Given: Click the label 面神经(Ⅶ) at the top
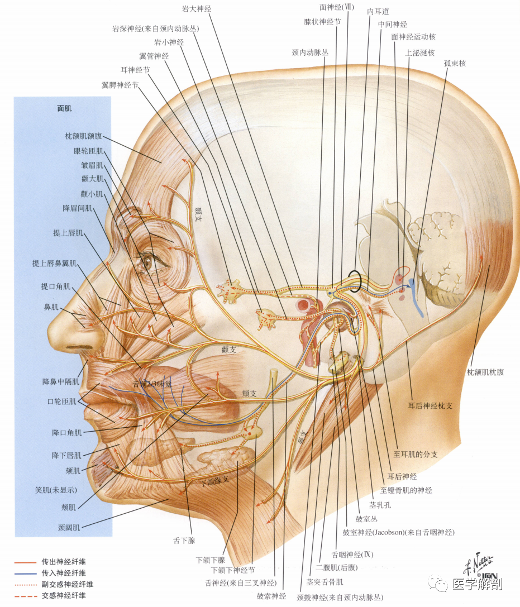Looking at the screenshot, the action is click(x=336, y=7).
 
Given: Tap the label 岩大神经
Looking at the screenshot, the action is click(x=197, y=8).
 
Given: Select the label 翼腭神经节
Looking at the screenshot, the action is click(x=120, y=85).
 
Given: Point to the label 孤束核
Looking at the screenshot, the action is click(x=455, y=63).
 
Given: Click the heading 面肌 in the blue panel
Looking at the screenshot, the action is click(x=64, y=108).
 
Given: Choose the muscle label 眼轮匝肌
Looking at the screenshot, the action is click(x=89, y=151).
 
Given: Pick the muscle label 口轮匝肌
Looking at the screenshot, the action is click(x=62, y=402).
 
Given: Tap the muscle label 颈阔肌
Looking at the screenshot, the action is click(x=69, y=527).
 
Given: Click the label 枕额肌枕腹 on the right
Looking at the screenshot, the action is click(x=485, y=372).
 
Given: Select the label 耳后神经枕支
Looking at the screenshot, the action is click(x=430, y=406).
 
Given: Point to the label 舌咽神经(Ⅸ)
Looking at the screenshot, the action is click(x=353, y=555).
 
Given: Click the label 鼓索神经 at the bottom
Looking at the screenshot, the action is click(x=271, y=596).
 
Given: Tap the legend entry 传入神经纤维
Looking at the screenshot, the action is click(x=64, y=572).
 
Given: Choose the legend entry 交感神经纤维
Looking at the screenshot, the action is click(x=64, y=595).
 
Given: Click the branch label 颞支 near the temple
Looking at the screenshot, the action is click(x=198, y=214).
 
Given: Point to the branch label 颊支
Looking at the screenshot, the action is click(x=249, y=393).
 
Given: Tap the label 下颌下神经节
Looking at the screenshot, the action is click(x=233, y=570).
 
